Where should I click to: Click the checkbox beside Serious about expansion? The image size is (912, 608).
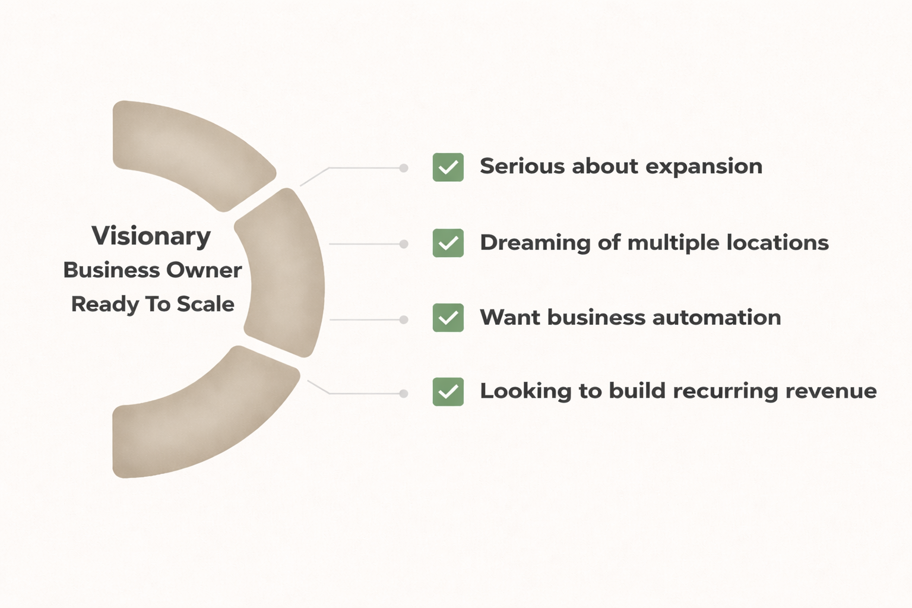[x=448, y=167]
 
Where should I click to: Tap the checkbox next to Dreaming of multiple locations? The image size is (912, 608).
[x=448, y=243]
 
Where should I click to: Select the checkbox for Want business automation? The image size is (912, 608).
[x=448, y=318]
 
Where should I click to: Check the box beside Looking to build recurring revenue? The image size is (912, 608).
[x=448, y=392]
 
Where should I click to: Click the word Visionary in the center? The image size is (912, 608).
[x=151, y=236]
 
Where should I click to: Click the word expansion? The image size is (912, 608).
[x=704, y=167]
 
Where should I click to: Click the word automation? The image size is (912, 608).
[x=717, y=318]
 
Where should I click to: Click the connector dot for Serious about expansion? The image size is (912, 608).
[x=404, y=168]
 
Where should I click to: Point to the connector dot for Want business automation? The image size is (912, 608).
[x=404, y=319]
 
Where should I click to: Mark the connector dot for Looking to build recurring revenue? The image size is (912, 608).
[x=404, y=394]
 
